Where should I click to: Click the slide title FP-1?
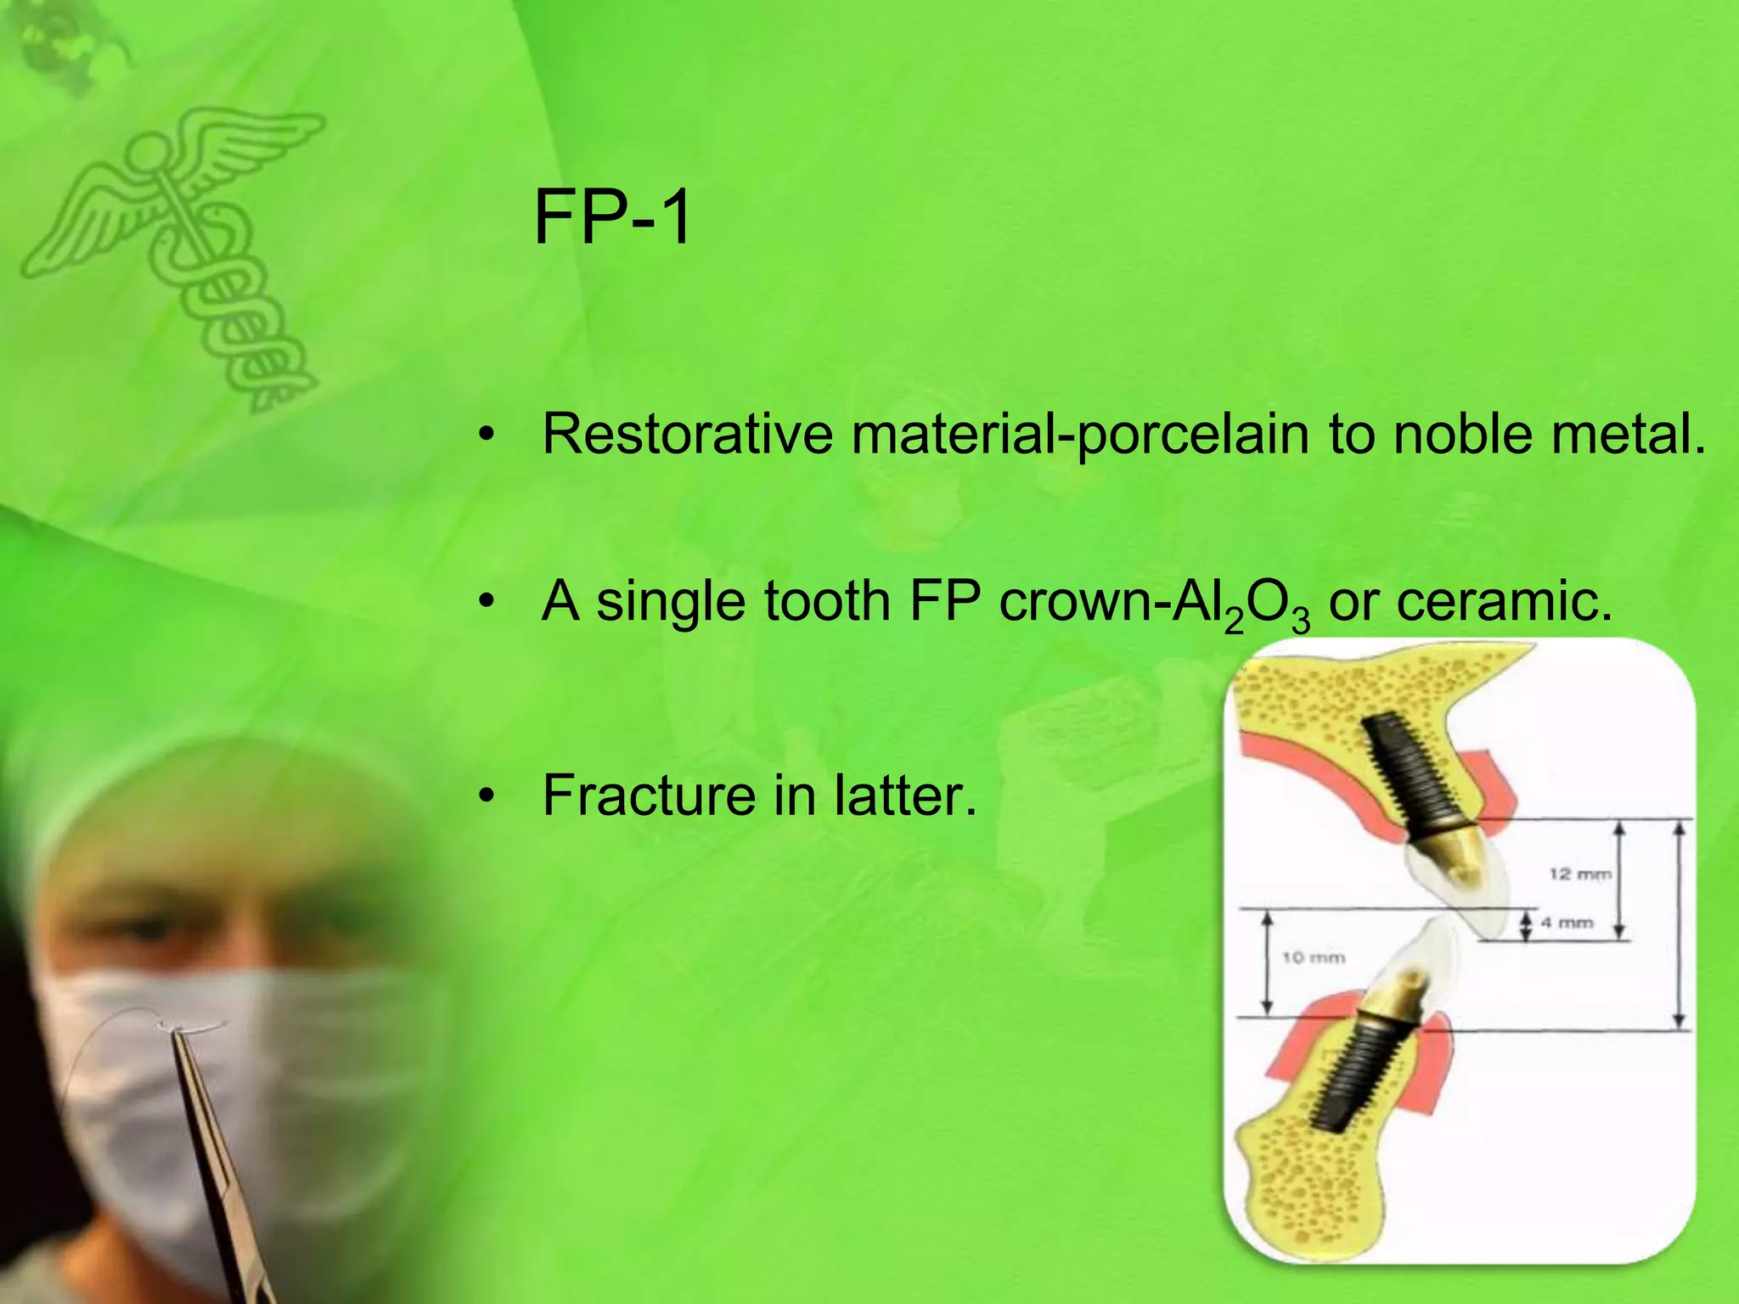click(x=612, y=218)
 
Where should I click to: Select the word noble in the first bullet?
click(x=1466, y=434)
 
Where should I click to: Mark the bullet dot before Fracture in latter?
click(x=486, y=796)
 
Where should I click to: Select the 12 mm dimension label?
click(x=1579, y=874)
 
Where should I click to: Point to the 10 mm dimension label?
click(x=1313, y=958)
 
